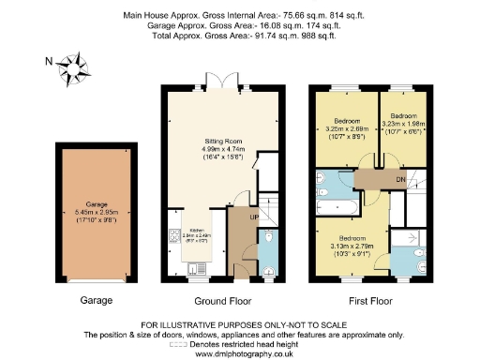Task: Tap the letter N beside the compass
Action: pyautogui.click(x=49, y=63)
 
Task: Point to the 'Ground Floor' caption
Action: pyautogui.click(x=220, y=301)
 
